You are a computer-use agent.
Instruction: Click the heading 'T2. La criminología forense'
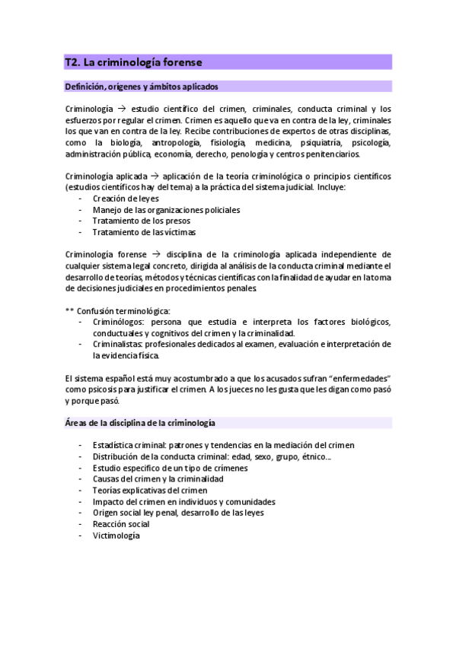pyautogui.click(x=132, y=62)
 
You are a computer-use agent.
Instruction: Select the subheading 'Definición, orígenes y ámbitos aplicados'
pyautogui.click(x=142, y=86)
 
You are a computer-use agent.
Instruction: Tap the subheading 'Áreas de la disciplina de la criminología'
pyautogui.click(x=141, y=421)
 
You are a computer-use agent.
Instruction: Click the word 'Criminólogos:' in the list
pyautogui.click(x=118, y=322)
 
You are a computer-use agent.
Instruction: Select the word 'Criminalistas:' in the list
pyautogui.click(x=119, y=344)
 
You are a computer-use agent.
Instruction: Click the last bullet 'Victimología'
pyautogui.click(x=116, y=535)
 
